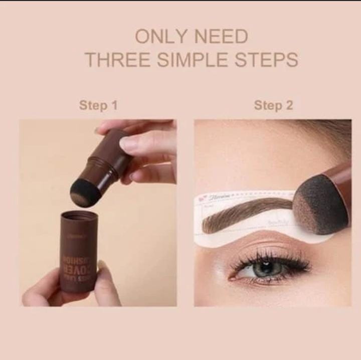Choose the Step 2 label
(273, 105)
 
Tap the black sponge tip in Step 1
(83, 193)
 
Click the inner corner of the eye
(233, 275)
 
